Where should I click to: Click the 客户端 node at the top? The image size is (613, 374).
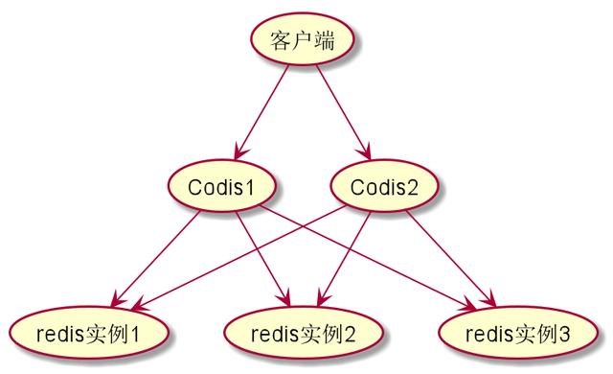(300, 42)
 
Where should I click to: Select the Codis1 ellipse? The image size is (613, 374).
(223, 186)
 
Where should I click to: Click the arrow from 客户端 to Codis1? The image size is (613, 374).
(261, 111)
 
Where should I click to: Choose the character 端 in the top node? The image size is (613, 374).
(323, 42)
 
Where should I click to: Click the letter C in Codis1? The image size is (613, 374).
(194, 186)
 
